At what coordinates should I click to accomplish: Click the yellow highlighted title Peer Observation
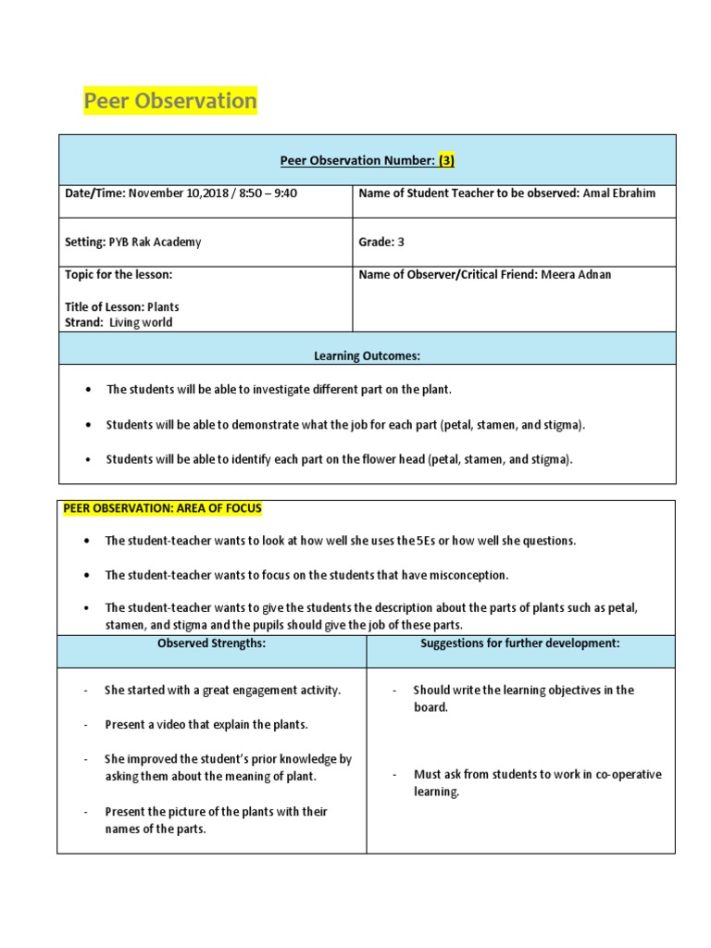(170, 101)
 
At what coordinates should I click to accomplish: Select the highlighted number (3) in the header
(446, 160)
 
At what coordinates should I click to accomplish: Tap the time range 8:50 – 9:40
(268, 193)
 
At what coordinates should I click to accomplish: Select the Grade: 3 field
(381, 242)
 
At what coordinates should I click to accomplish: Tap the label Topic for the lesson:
(118, 275)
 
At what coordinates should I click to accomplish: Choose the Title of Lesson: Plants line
(121, 306)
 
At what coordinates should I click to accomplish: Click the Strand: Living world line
(118, 322)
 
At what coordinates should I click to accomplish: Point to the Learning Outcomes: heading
(367, 355)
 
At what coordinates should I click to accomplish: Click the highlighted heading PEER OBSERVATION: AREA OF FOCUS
(162, 508)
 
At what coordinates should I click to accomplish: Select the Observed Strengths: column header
(211, 643)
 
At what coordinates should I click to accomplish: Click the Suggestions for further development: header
(519, 643)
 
